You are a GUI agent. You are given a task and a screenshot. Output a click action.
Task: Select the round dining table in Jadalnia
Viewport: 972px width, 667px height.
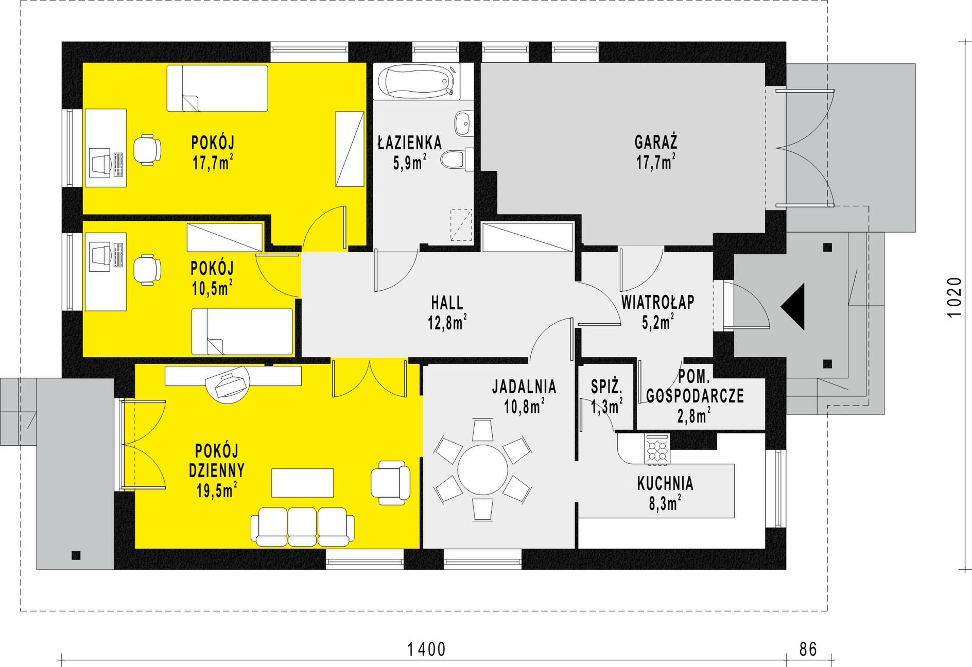(482, 469)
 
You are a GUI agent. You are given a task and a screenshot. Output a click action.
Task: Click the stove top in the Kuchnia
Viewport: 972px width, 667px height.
(657, 448)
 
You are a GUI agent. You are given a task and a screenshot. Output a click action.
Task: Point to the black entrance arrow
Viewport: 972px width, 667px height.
(793, 306)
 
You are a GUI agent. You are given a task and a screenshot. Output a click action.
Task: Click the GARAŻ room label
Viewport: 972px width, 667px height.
(656, 142)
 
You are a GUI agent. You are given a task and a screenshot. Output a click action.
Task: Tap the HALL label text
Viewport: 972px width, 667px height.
(447, 303)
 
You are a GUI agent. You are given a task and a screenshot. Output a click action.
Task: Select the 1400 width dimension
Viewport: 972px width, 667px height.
(426, 650)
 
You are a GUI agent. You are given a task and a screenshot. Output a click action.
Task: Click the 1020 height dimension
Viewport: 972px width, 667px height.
(954, 297)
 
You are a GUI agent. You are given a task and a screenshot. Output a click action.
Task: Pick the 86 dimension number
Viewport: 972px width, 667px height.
(808, 650)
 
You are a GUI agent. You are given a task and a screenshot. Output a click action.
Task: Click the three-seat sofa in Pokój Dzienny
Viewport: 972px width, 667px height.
(303, 526)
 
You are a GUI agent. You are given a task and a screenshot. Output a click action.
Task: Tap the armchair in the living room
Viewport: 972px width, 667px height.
(391, 482)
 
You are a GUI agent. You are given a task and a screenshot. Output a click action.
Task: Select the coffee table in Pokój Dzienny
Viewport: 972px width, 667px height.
(302, 483)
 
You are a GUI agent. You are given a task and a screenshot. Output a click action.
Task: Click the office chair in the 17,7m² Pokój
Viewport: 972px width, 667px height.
(147, 150)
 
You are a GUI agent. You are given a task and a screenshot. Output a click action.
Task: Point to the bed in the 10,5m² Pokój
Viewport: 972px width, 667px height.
(242, 331)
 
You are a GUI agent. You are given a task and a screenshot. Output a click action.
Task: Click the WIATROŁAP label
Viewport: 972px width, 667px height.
(657, 302)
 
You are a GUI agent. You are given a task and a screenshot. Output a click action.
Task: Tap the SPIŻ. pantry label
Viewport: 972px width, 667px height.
(606, 386)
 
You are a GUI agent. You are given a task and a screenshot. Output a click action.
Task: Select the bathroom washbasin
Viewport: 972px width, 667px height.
(463, 124)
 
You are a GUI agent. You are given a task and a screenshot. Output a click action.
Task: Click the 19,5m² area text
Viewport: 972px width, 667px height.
(217, 490)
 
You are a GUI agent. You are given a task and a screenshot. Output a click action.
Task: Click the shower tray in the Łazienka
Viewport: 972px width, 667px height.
(461, 224)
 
